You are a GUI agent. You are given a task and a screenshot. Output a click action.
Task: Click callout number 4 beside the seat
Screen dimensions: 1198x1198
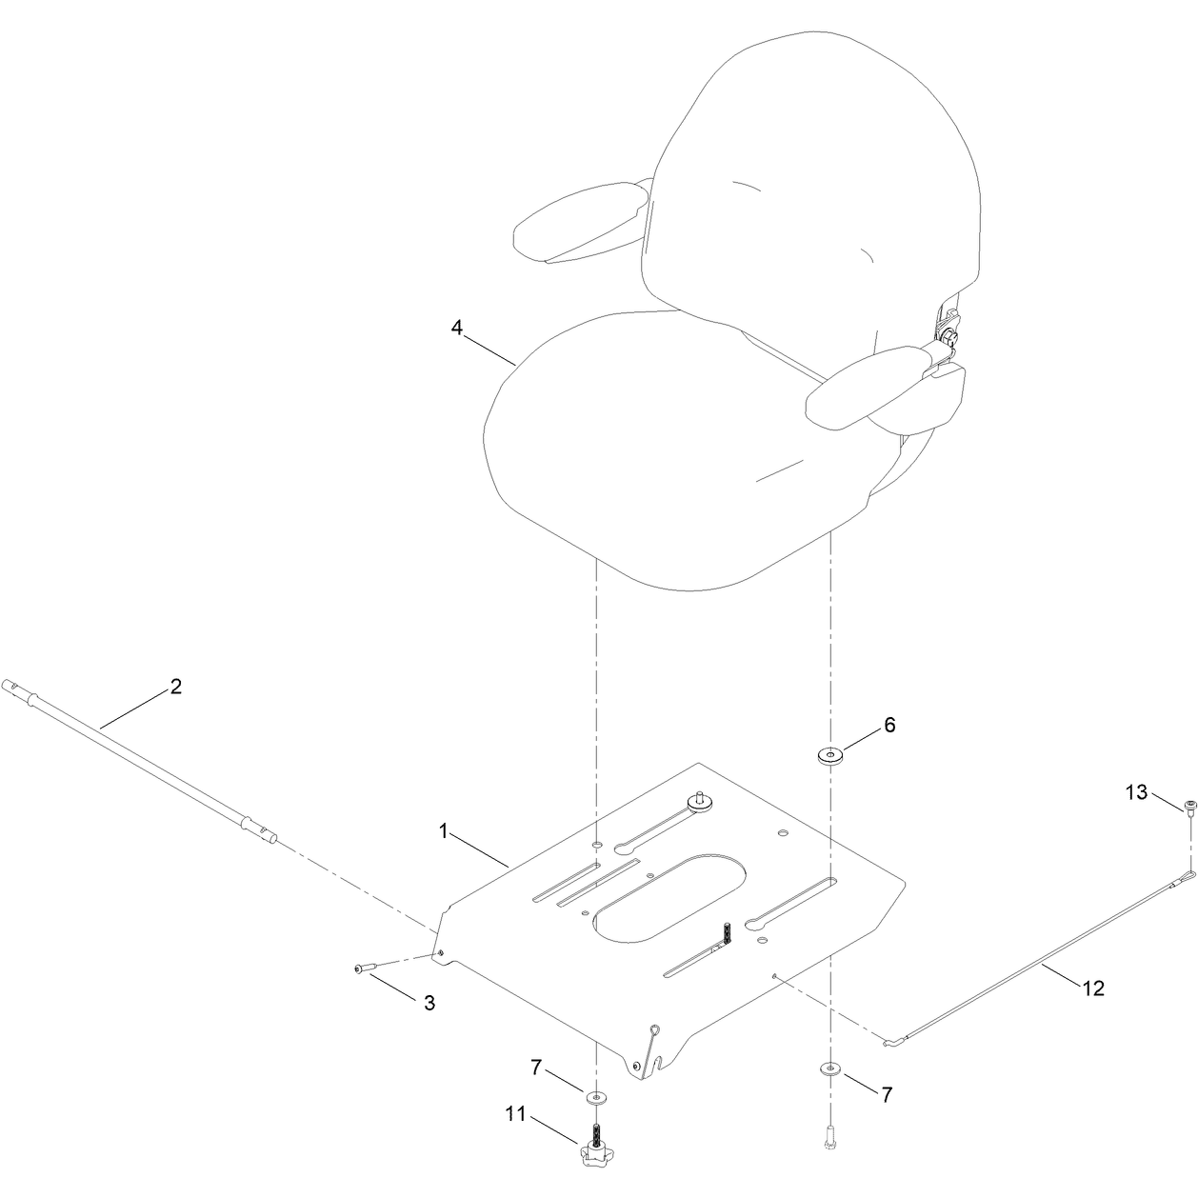tap(457, 328)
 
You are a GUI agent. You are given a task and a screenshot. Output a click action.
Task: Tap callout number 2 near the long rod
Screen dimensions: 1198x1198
tap(176, 687)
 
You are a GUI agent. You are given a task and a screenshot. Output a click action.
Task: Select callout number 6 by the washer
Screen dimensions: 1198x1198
tap(889, 725)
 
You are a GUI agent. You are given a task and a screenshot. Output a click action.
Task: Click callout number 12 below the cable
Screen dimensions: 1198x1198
tap(1093, 1006)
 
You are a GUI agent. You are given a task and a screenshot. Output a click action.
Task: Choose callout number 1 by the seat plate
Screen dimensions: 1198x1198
tap(443, 831)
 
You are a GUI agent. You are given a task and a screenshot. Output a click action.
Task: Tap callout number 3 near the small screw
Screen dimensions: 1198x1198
tap(429, 1003)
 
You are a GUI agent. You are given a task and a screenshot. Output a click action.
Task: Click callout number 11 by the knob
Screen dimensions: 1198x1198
tap(515, 1113)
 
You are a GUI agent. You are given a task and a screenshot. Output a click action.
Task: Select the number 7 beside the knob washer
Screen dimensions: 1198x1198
tap(536, 1068)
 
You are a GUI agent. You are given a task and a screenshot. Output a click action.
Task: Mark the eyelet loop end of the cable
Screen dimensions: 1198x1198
tap(1183, 878)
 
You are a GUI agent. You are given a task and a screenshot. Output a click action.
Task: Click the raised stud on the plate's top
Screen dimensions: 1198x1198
tap(700, 803)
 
